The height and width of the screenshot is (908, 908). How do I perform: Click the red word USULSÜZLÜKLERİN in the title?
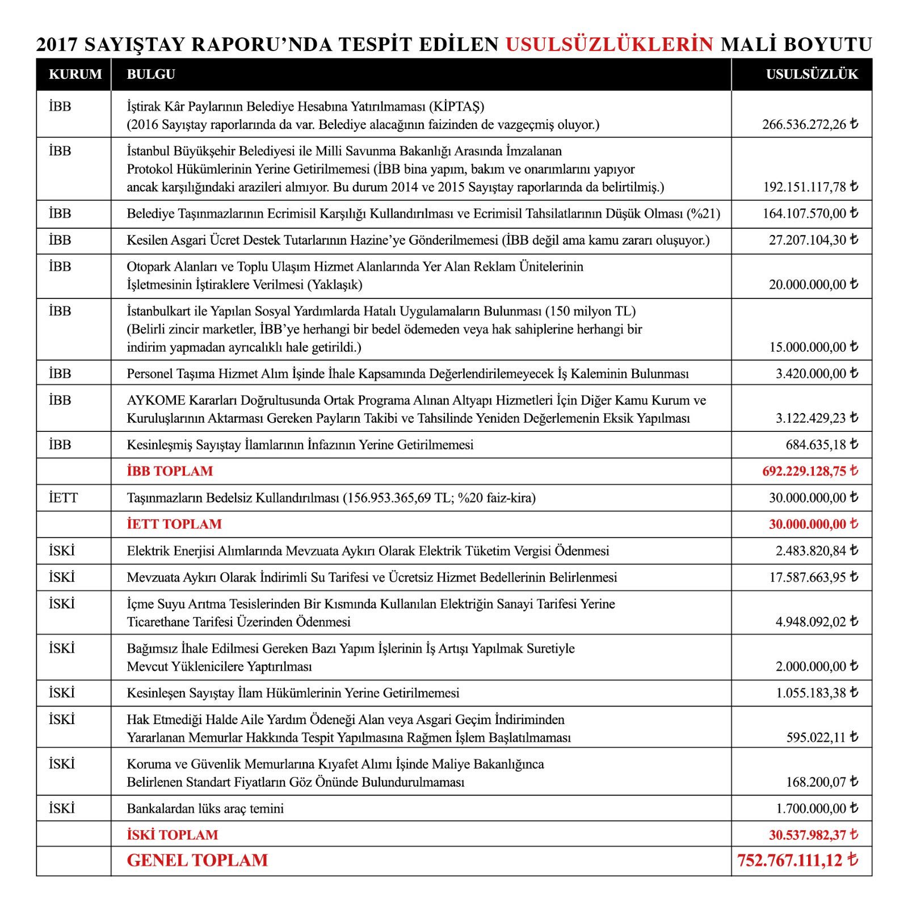(609, 44)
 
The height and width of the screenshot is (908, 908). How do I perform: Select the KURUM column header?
(75, 74)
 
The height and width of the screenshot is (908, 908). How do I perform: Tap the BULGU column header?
(151, 74)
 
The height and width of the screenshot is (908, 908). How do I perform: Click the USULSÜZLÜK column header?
(812, 74)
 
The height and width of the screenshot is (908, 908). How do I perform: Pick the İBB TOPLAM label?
(170, 471)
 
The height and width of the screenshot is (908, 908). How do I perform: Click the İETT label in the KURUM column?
(63, 498)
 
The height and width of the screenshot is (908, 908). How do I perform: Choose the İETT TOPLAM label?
(174, 524)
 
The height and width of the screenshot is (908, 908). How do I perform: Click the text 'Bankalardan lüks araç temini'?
(205, 808)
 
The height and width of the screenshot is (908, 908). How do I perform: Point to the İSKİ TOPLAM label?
(173, 835)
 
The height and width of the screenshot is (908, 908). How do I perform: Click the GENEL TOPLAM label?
(197, 860)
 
